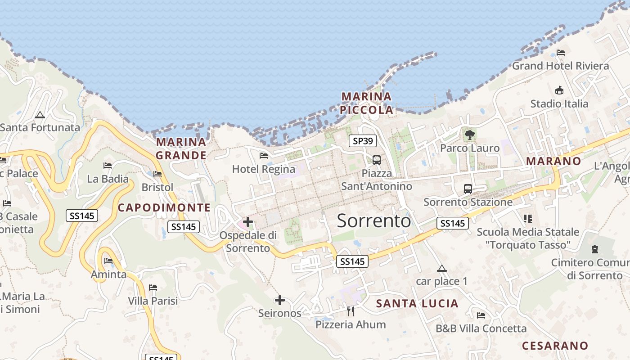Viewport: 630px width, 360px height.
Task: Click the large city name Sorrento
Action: (x=373, y=221)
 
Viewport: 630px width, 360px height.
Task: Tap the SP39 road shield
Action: (x=363, y=141)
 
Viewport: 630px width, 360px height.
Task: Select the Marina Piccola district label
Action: (x=366, y=103)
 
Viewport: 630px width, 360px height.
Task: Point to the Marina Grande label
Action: (x=181, y=148)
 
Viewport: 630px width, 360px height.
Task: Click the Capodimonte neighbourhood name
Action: (x=164, y=207)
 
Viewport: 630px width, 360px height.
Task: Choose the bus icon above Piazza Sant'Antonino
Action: (x=377, y=160)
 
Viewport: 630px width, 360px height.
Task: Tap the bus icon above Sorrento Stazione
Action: (x=468, y=189)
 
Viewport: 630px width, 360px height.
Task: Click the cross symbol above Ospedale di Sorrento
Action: (x=247, y=221)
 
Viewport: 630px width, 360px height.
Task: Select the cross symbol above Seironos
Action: (x=280, y=300)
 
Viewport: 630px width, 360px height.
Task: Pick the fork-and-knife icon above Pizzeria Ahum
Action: (x=351, y=311)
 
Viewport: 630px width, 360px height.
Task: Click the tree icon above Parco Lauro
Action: (x=469, y=135)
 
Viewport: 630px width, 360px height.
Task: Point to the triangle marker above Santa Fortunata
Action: (x=40, y=115)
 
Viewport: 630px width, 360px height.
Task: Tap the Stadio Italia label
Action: (x=559, y=103)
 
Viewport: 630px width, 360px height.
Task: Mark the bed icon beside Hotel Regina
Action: (x=264, y=156)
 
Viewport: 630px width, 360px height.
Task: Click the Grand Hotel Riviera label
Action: (x=560, y=66)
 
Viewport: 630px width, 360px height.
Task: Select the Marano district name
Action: (x=553, y=161)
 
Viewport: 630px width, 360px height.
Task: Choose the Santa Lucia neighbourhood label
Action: (x=417, y=304)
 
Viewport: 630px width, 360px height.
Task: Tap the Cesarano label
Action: (x=555, y=346)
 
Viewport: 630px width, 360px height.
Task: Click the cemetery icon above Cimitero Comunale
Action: (x=595, y=249)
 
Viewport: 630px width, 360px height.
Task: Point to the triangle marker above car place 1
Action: (x=442, y=269)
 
